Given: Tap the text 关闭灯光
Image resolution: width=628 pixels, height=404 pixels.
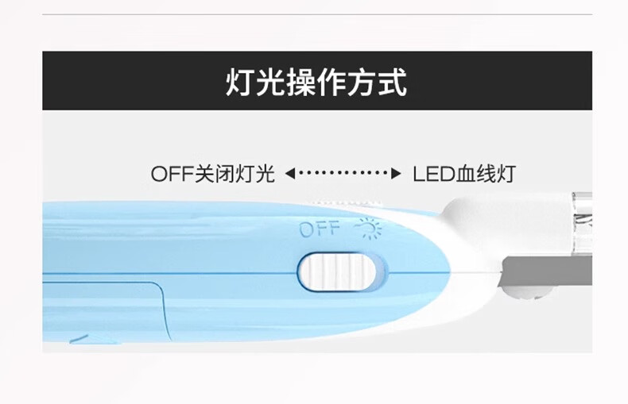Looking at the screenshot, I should [x=235, y=174].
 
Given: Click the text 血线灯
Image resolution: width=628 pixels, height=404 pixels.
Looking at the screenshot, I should [x=485, y=174].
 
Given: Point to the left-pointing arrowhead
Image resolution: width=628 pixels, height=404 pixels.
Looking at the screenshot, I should [x=289, y=173].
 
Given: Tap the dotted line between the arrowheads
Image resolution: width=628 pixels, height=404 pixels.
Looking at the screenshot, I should [x=343, y=173].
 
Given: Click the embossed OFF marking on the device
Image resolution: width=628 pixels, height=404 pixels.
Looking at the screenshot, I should [x=319, y=230].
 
